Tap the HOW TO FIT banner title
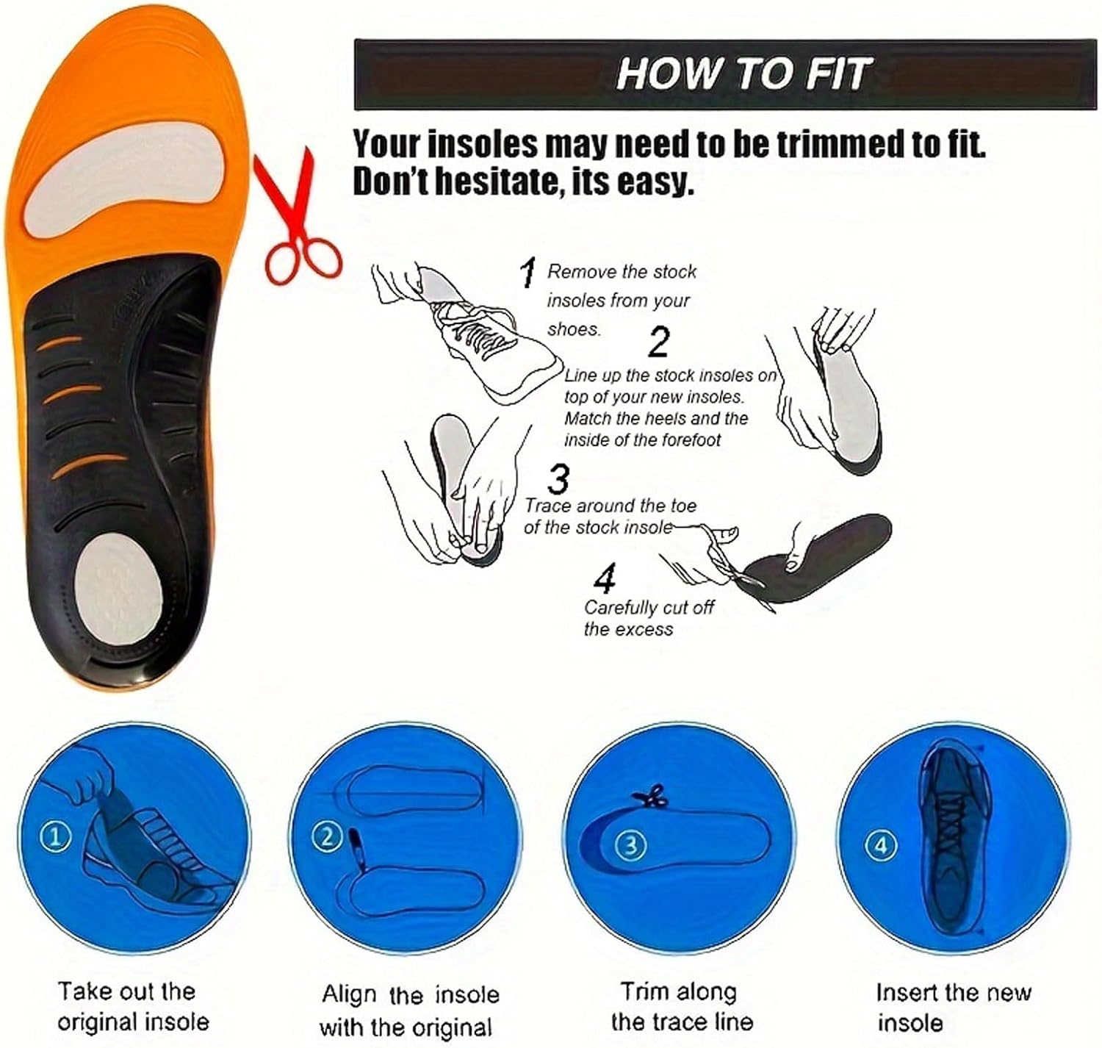(743, 74)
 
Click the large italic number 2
(659, 342)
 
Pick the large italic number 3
(558, 480)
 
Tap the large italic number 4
(605, 579)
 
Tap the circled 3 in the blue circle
(630, 845)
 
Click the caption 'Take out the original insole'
(133, 1006)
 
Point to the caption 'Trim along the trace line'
(681, 1006)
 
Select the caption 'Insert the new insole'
(953, 1007)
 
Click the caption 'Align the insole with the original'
(409, 1010)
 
